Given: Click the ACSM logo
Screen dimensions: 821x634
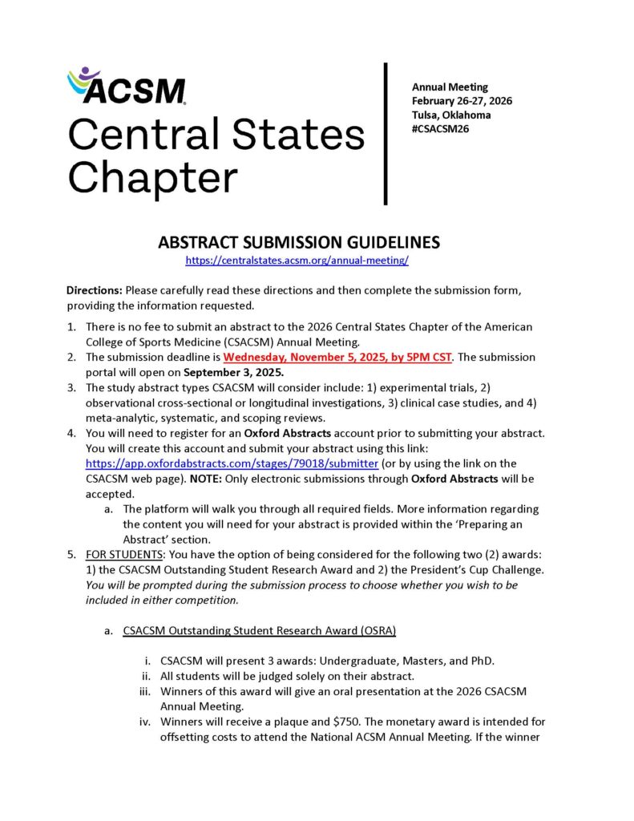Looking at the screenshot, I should [127, 86].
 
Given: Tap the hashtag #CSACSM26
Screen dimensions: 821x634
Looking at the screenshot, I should [440, 128].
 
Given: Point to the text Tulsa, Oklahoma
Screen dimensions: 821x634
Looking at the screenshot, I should [451, 115].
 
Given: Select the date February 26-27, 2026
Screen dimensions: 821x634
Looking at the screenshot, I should [462, 100].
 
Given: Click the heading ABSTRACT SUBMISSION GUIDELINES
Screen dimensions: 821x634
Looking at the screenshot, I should [298, 243].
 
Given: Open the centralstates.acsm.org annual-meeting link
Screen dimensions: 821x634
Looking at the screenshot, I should [297, 261].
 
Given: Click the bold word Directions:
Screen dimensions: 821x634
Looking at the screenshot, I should [94, 291].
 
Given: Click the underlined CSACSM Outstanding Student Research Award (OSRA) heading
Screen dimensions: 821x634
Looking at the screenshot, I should [259, 630].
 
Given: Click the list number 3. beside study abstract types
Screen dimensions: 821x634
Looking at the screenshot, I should [72, 387].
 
